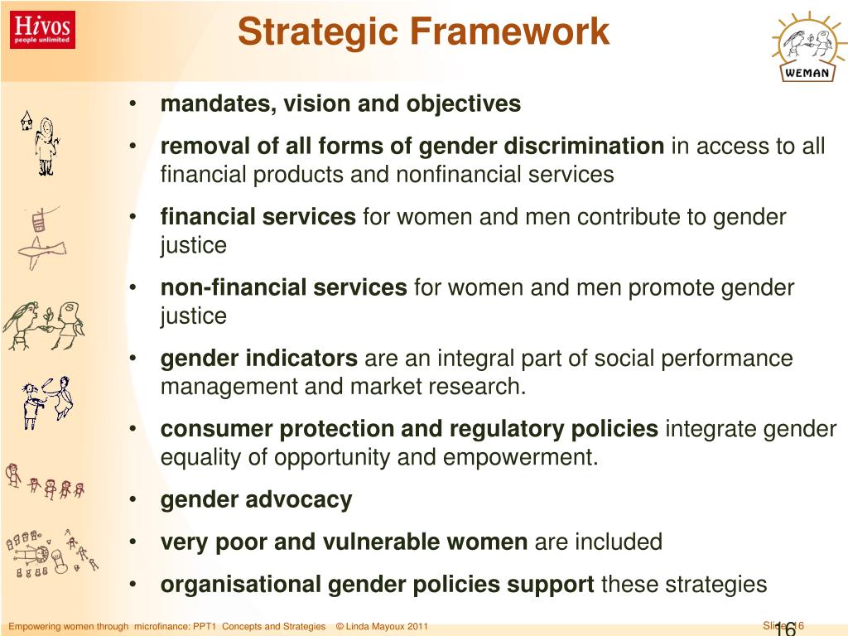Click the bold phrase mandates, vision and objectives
(340, 104)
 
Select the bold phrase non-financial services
(283, 288)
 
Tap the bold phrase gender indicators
(258, 359)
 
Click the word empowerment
(523, 458)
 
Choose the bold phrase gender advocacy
(256, 500)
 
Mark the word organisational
(241, 585)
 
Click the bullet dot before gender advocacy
(133, 500)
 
